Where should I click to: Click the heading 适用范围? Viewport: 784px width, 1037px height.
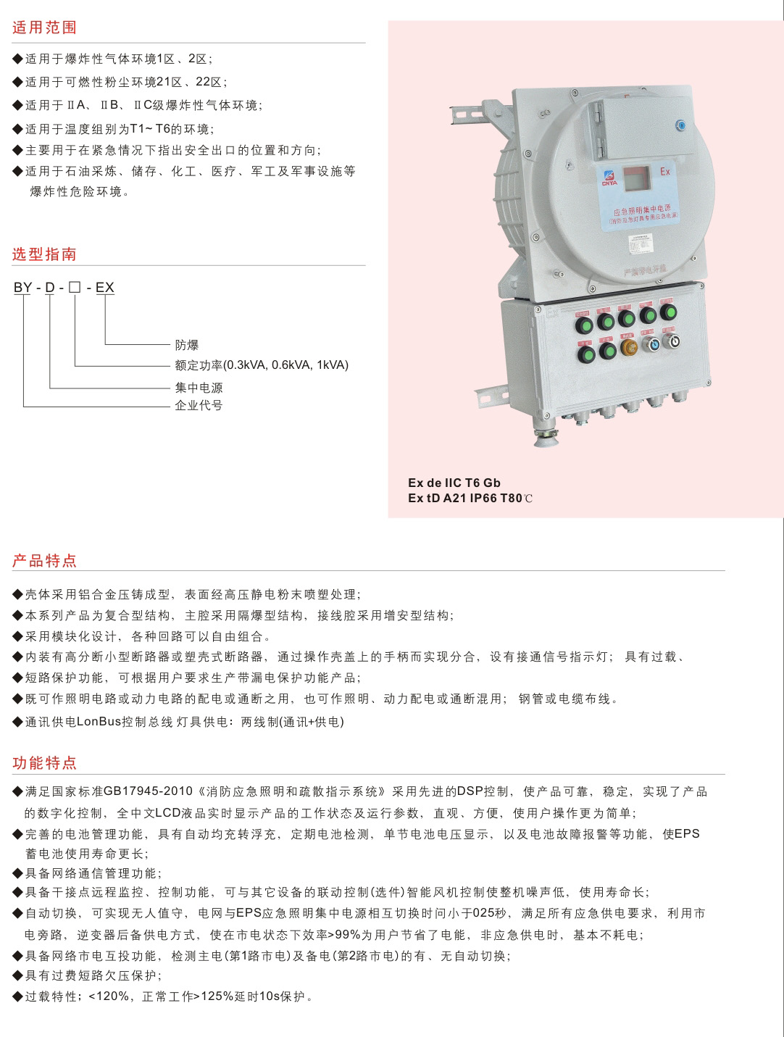(x=44, y=28)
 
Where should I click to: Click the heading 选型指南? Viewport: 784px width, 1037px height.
(x=44, y=254)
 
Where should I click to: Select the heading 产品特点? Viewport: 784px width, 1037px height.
(x=44, y=561)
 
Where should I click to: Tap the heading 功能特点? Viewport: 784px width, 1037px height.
(x=44, y=763)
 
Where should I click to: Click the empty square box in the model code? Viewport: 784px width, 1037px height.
(x=75, y=287)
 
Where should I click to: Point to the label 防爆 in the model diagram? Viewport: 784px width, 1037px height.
(x=186, y=345)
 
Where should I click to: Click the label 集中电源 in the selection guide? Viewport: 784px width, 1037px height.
(x=199, y=388)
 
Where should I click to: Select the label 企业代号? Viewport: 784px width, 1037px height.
(x=199, y=405)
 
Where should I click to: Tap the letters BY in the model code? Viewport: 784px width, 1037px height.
(x=22, y=287)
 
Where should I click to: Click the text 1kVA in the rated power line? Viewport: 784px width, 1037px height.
(x=333, y=365)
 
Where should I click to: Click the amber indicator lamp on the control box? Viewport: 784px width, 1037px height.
(x=629, y=347)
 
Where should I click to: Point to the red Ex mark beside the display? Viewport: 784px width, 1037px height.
(x=665, y=171)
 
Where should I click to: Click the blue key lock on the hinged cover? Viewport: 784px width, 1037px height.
(x=680, y=125)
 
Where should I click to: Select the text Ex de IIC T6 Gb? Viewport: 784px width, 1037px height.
(x=454, y=483)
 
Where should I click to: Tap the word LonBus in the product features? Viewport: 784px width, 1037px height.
(x=99, y=722)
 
